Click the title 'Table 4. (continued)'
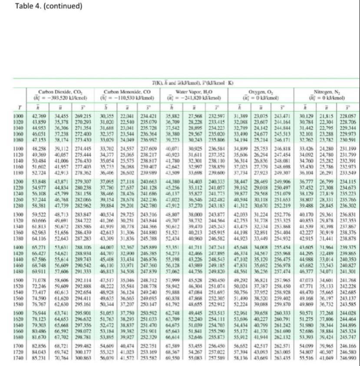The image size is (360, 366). tap(42, 7)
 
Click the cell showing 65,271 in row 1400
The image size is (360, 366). tap(38, 247)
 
